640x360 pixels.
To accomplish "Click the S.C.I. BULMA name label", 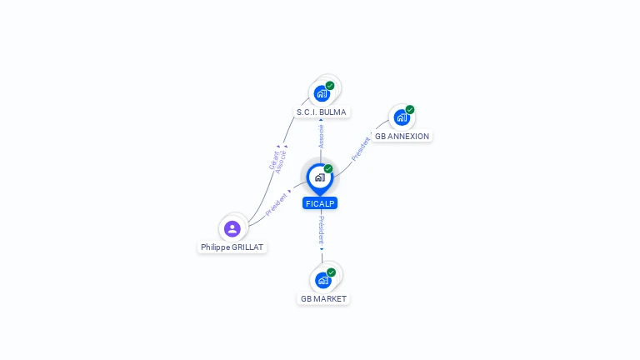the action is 321,112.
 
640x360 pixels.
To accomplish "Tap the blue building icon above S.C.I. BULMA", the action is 322,94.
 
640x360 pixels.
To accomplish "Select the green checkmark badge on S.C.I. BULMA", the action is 330,86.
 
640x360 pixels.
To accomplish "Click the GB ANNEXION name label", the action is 402,137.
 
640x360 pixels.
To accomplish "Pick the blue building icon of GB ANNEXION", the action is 402,117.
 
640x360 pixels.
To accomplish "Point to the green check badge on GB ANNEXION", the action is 410,109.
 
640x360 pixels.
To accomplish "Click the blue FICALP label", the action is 320,203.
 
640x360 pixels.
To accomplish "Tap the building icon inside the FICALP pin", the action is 320,177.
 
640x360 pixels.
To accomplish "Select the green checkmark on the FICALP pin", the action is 328,168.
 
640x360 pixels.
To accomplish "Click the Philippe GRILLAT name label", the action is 232,247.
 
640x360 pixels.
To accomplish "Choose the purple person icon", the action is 232,229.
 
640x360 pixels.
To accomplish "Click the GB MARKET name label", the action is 323,299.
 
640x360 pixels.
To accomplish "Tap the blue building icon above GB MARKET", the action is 322,281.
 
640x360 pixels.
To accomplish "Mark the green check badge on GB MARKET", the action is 331,272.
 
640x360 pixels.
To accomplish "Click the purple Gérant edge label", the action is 274,160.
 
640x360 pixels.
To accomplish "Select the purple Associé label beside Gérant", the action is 281,162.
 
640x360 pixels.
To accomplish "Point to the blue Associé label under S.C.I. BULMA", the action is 321,137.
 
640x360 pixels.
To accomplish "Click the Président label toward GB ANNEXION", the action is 361,149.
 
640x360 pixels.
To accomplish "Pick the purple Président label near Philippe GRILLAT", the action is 277,204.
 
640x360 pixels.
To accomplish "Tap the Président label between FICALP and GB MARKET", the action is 322,230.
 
